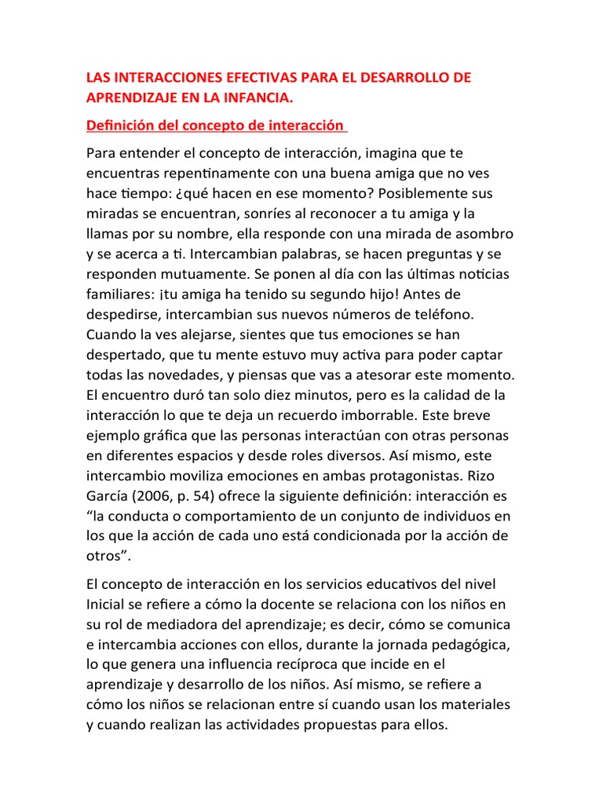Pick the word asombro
click(x=481, y=234)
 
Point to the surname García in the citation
click(x=111, y=495)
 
